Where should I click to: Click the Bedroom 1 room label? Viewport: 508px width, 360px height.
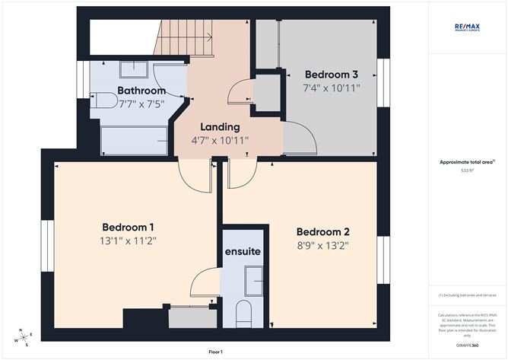coord(129,227)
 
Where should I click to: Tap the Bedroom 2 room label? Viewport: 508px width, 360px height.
coord(322,231)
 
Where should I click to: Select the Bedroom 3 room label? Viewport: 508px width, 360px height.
coord(331,75)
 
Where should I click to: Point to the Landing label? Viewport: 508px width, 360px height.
coord(220,126)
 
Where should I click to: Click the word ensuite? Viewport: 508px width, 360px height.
coord(243,251)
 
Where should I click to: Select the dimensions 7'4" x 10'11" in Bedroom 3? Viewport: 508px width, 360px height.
coord(331,88)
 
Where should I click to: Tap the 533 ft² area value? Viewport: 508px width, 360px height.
coord(467,170)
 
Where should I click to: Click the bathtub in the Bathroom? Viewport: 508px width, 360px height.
coord(134,140)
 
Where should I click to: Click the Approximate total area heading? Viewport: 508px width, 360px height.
coord(467,161)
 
